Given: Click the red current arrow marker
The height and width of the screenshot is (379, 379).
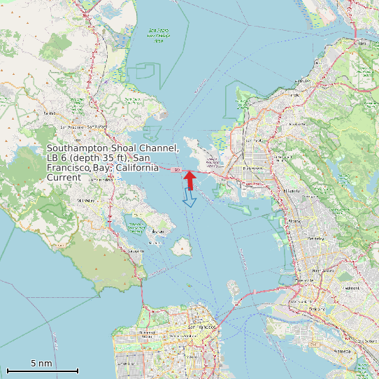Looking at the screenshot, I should tap(189, 178).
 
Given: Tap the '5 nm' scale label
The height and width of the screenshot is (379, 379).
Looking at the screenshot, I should tap(42, 363).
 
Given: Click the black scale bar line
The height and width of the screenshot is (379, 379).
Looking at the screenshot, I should tap(42, 371).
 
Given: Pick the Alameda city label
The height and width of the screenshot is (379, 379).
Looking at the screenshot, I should tap(343, 350).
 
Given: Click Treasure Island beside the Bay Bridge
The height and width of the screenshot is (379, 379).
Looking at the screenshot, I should tap(231, 284).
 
